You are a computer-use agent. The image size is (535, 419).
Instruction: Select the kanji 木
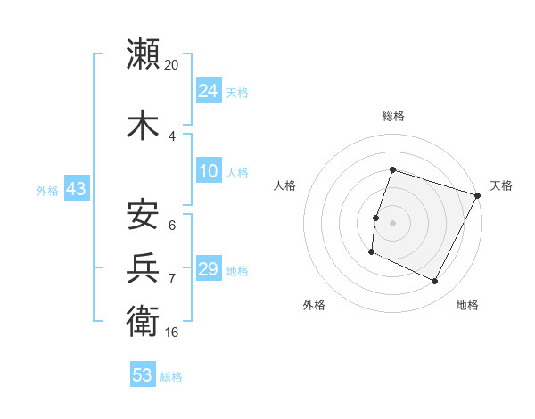point(144,126)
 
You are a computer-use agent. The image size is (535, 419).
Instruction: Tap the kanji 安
point(144,215)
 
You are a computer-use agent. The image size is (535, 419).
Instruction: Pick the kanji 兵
point(144,268)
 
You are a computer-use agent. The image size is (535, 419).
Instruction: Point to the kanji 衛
point(144,321)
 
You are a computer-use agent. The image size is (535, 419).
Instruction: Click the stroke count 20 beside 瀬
point(172,65)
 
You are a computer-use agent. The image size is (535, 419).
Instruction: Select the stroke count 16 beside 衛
point(172,333)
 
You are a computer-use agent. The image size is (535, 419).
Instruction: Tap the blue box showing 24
point(209,91)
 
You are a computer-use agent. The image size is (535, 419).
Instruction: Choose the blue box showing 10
point(209,171)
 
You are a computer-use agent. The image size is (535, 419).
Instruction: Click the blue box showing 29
point(209,269)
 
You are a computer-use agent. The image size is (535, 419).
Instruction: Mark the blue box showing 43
point(76,189)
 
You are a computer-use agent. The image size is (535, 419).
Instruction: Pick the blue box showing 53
point(143,375)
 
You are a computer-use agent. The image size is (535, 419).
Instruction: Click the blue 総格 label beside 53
point(171,377)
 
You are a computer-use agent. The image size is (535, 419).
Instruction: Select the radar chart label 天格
point(501,185)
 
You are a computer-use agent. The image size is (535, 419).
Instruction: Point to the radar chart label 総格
point(392,116)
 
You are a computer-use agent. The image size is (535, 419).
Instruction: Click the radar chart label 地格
point(467,305)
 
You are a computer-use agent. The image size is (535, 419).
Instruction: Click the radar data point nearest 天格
point(479,195)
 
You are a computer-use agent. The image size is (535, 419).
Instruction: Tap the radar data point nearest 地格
point(435,282)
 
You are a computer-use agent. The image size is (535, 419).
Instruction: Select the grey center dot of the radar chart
point(392,223)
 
